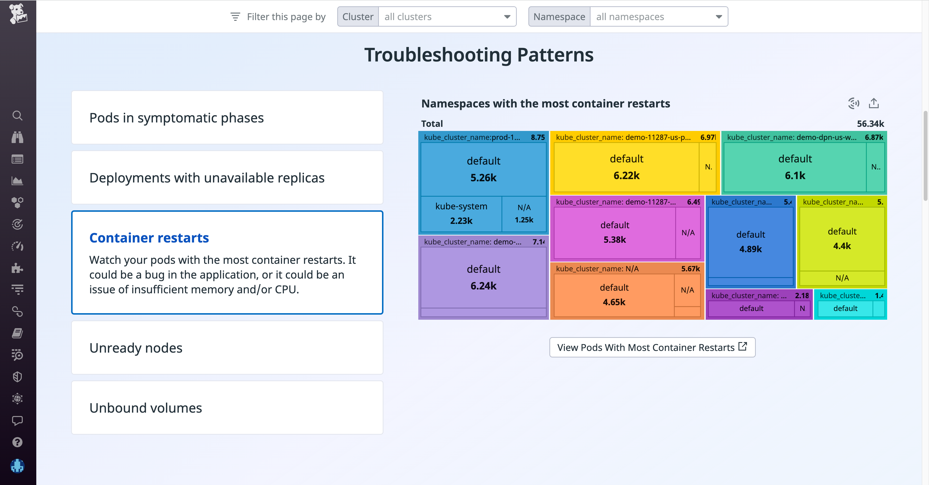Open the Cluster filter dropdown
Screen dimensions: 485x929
pos(446,17)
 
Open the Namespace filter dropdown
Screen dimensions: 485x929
pos(658,17)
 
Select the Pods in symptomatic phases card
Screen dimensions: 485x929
pos(227,118)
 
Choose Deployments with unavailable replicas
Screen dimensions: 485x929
pos(227,178)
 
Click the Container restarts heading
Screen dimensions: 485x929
pos(149,238)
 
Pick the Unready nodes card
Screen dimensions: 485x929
pos(227,348)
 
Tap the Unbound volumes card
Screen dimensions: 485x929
pos(227,408)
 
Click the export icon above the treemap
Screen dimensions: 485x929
pos(873,104)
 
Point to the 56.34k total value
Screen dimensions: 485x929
pos(870,124)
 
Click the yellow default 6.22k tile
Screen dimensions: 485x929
pos(626,167)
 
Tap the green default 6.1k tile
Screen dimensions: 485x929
pos(794,167)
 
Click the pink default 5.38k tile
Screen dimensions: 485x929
pos(614,232)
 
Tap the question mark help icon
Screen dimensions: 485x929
pos(17,442)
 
